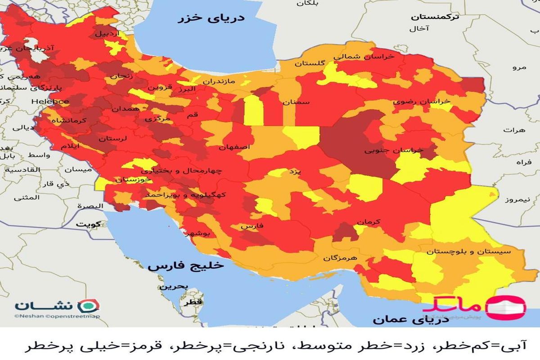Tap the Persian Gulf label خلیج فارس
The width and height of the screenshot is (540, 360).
coord(185,266)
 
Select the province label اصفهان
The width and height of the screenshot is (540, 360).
coord(233,148)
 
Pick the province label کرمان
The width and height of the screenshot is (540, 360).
coord(369,222)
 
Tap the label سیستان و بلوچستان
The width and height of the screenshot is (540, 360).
coord(469,251)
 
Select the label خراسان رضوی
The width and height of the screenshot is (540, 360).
coord(421,102)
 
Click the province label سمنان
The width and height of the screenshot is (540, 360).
coord(296,102)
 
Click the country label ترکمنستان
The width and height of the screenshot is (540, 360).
coord(435,17)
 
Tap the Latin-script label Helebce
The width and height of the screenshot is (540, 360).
coord(50,102)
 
